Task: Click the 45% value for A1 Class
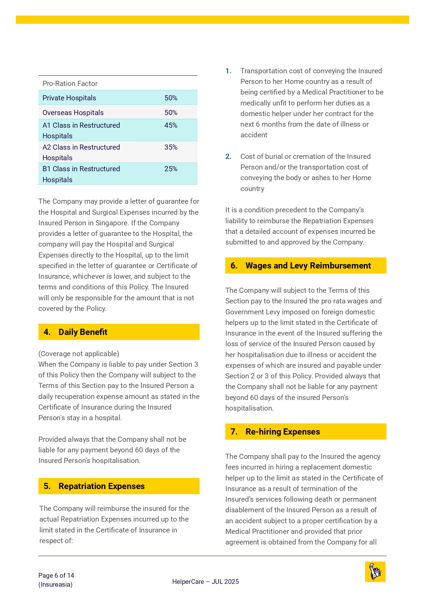171,125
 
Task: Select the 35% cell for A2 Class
171,147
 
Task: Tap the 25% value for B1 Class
171,169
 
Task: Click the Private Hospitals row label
69,98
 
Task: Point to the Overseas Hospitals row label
73,113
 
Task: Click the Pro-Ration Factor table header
70,84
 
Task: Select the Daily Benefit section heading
83,332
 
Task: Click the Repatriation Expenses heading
101,486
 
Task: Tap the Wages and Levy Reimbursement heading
308,266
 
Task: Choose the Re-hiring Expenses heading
283,431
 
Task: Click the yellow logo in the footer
375,572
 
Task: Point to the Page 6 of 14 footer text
56,575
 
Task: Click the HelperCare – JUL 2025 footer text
205,581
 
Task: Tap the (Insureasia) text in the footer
55,584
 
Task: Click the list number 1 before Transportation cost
228,71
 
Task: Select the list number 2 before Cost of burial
228,156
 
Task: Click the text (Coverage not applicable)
79,353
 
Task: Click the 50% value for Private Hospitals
171,98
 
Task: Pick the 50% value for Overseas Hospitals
171,113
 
